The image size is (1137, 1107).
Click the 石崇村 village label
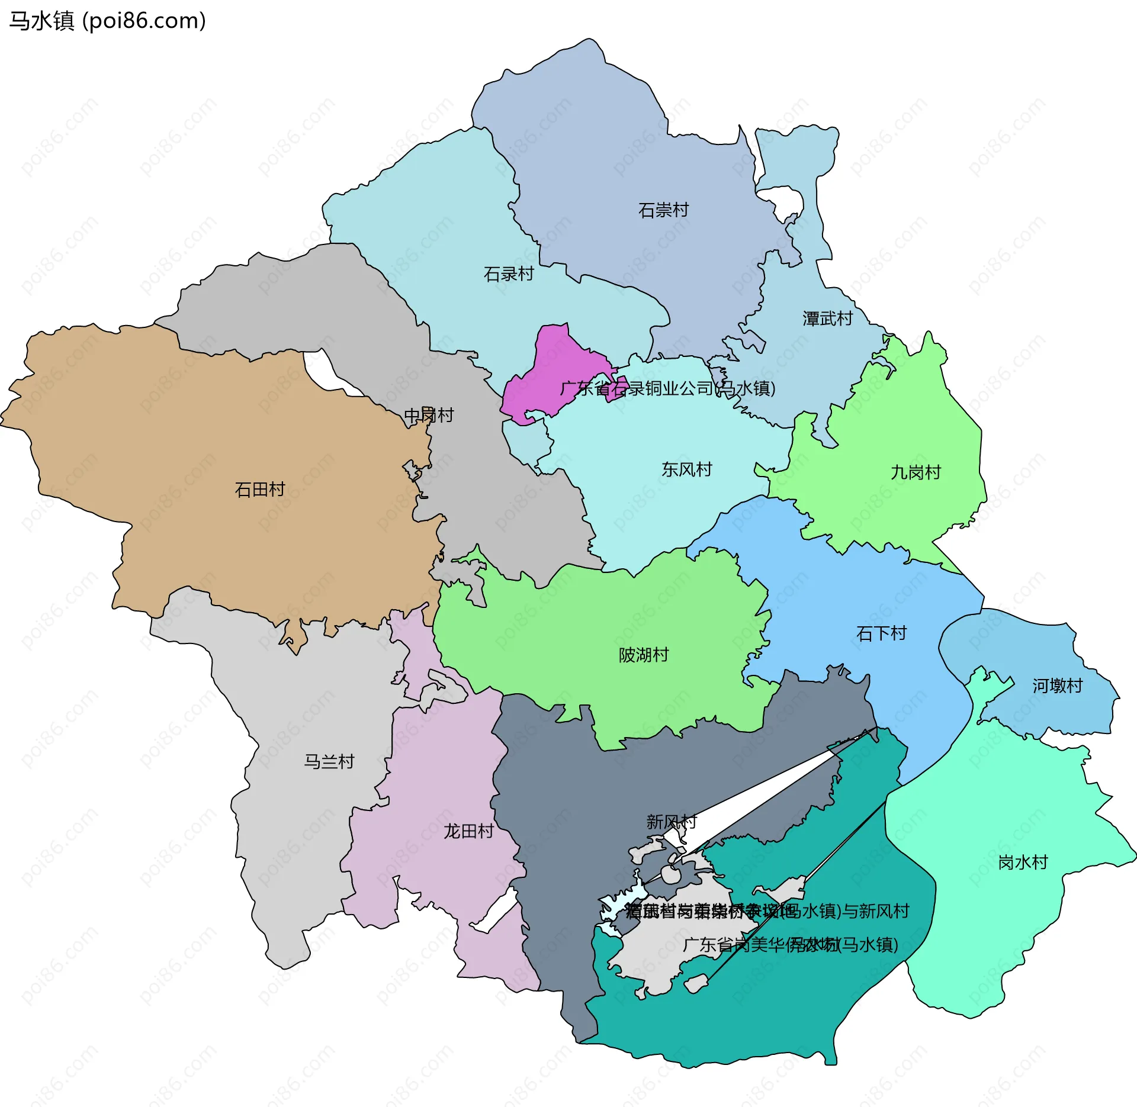(663, 210)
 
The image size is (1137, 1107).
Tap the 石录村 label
(509, 274)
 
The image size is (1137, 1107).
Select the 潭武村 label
(827, 319)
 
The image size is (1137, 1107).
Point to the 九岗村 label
(916, 472)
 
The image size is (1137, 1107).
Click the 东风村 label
(686, 469)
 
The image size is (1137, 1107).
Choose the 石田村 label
(259, 490)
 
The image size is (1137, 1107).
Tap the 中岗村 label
(429, 416)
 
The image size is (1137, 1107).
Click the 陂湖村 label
(644, 655)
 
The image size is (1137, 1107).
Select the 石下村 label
(881, 633)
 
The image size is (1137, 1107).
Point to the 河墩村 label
(1057, 686)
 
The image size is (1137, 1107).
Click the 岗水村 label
(1023, 862)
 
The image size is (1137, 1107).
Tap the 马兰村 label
(329, 761)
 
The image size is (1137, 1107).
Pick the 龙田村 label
(468, 831)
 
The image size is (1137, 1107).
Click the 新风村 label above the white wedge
(671, 822)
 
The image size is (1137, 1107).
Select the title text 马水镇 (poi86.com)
(107, 21)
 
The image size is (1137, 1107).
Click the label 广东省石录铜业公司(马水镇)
(667, 388)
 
